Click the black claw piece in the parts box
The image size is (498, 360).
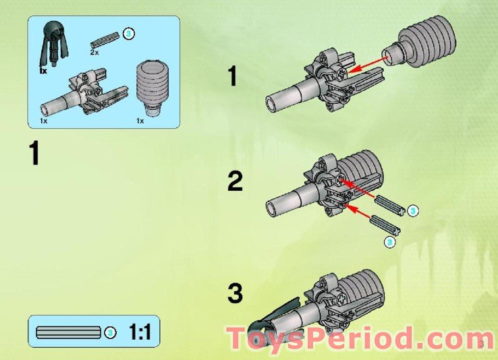tap(52, 44)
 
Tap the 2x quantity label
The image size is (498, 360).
tap(95, 51)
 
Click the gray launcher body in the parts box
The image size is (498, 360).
tap(84, 95)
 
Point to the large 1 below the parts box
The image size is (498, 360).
tap(34, 153)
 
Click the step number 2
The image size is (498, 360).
tap(235, 182)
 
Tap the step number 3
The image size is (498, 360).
tap(235, 294)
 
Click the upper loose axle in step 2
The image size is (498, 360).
tap(389, 204)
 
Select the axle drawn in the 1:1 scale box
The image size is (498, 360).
tap(67, 332)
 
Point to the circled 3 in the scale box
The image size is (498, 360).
tap(110, 332)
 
